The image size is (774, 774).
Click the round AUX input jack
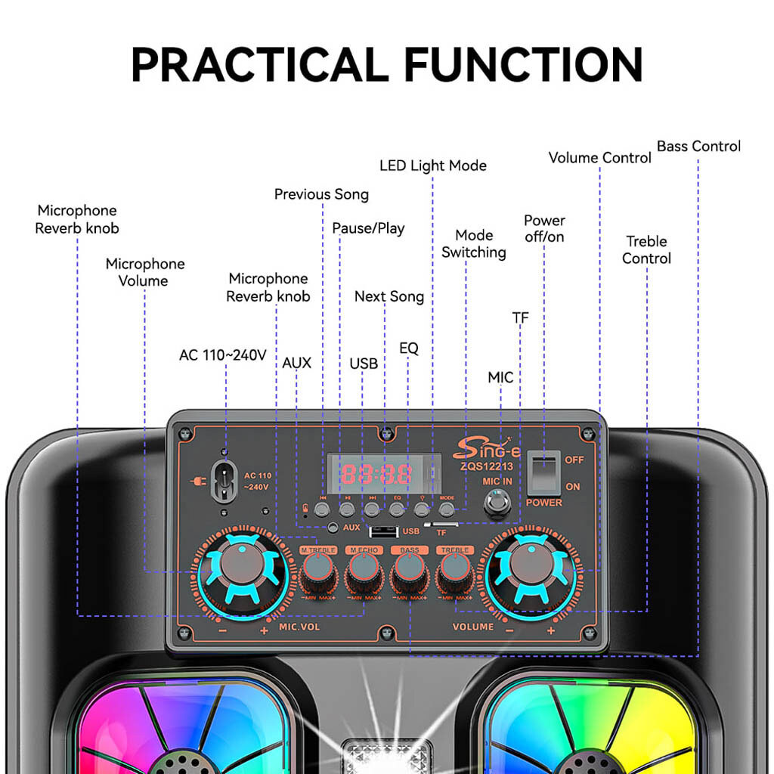pyautogui.click(x=333, y=528)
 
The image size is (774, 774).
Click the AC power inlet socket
pyautogui.click(x=224, y=480)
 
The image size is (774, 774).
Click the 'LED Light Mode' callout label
pyautogui.click(x=432, y=166)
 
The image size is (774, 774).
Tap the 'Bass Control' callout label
pyautogui.click(x=698, y=146)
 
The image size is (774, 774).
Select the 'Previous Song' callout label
pyautogui.click(x=321, y=194)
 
